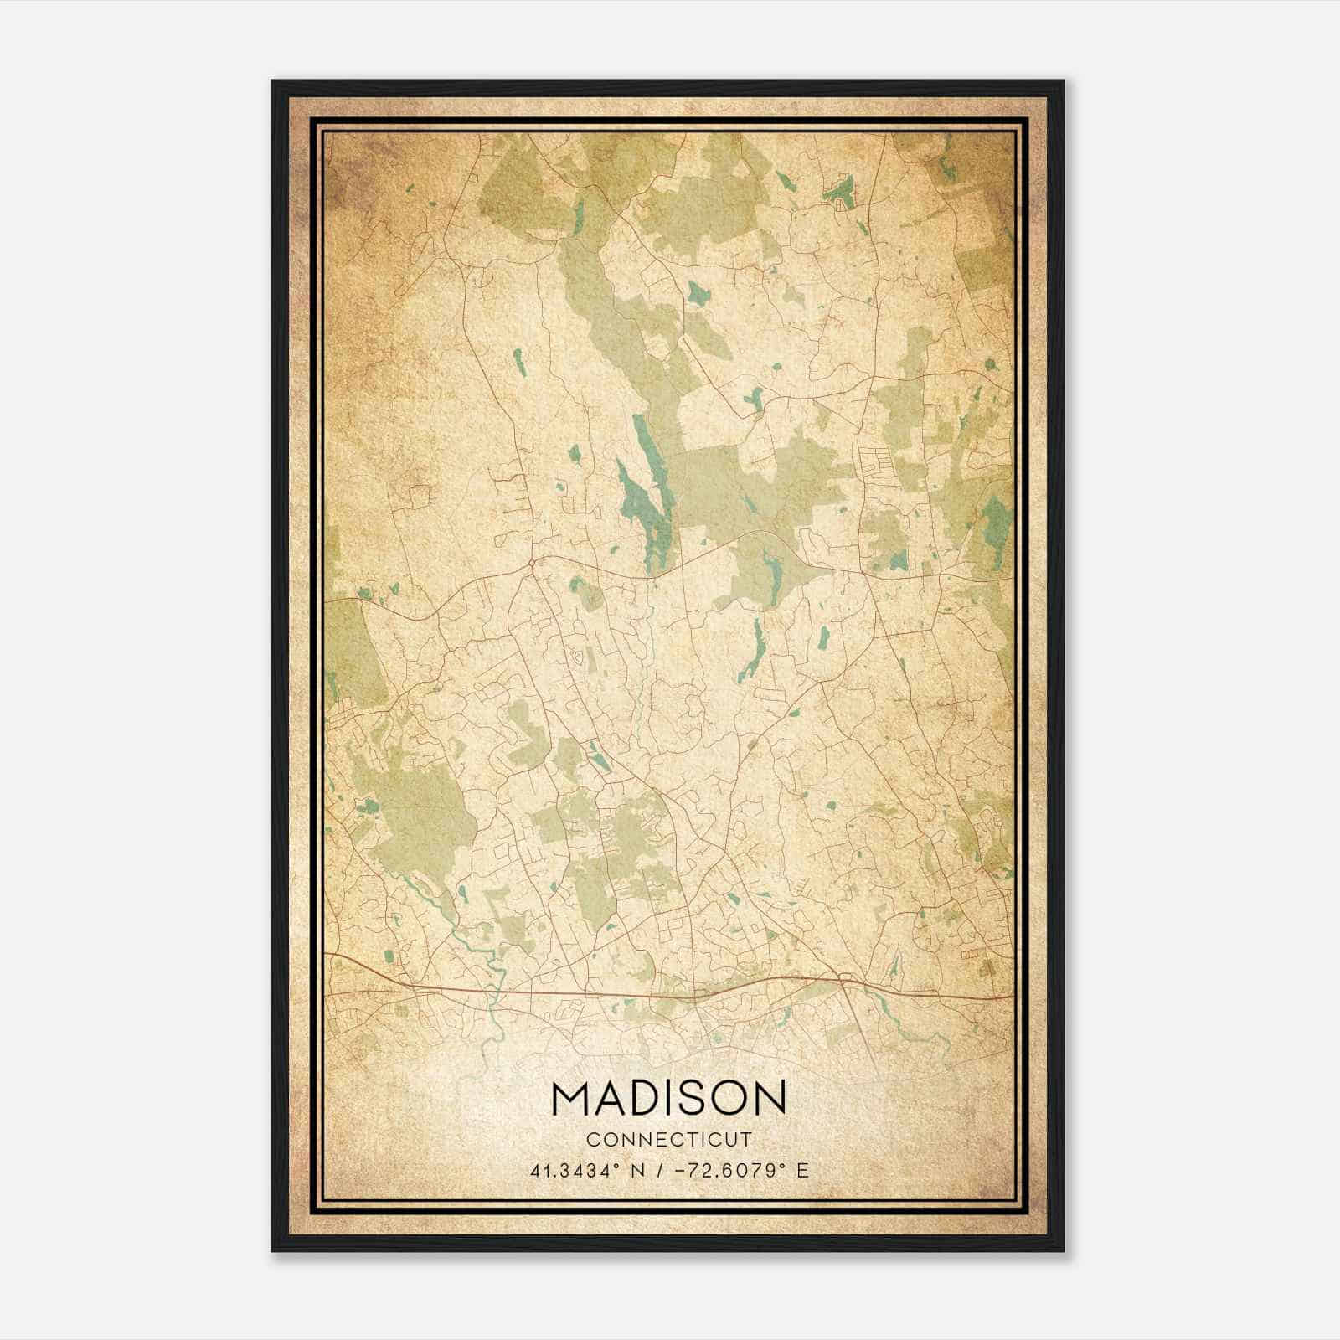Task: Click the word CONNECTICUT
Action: coord(669,1139)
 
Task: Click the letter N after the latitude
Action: coord(636,1170)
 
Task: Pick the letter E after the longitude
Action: coord(802,1170)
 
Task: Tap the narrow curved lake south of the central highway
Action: coord(756,649)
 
